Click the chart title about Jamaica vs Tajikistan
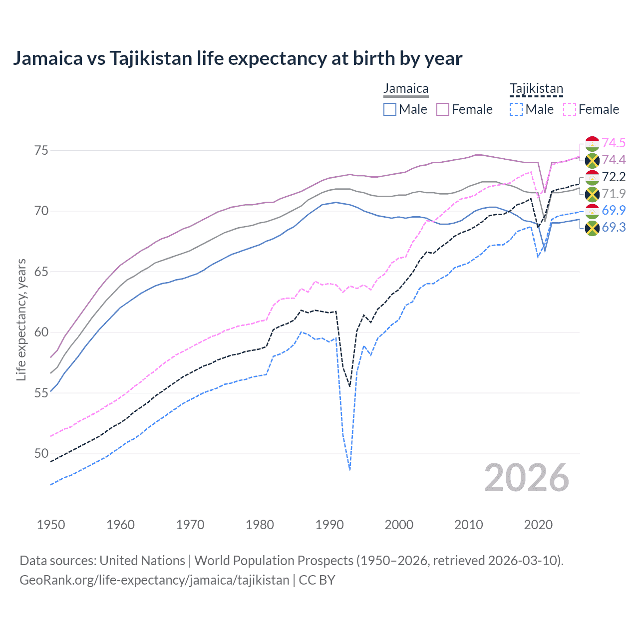click(238, 58)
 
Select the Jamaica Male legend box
click(390, 109)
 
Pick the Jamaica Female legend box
click(443, 109)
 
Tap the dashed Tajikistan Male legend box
click(516, 109)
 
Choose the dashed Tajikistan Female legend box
click(569, 109)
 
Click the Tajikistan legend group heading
click(536, 89)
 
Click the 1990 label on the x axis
click(329, 525)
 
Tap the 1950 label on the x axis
click(51, 525)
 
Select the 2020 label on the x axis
click(538, 525)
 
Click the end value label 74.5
click(614, 143)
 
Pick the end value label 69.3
click(614, 228)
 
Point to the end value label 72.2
click(614, 177)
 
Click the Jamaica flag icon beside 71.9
click(592, 194)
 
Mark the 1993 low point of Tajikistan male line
click(350, 470)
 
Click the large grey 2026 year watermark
click(527, 478)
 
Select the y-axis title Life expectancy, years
click(21, 319)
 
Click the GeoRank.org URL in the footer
click(154, 580)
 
